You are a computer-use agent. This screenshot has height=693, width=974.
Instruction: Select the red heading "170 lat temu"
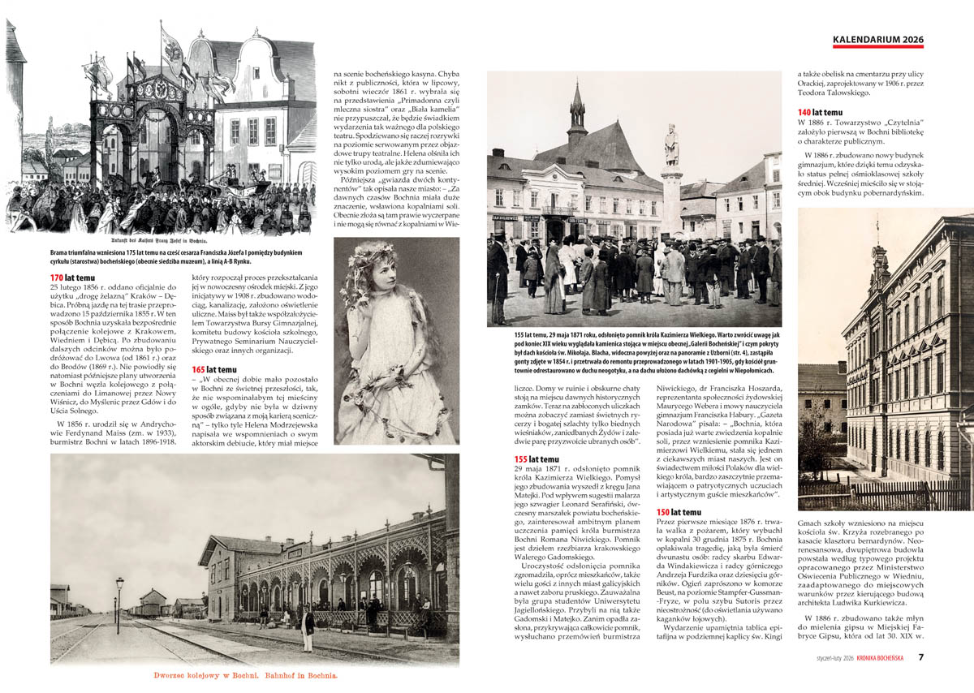(x=68, y=278)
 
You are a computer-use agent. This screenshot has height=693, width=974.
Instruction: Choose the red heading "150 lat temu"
(x=678, y=512)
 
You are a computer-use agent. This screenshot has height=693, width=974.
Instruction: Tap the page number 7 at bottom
(x=921, y=657)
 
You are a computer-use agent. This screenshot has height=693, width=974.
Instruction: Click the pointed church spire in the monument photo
(x=577, y=110)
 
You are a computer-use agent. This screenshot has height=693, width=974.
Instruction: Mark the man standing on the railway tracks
(x=308, y=629)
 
